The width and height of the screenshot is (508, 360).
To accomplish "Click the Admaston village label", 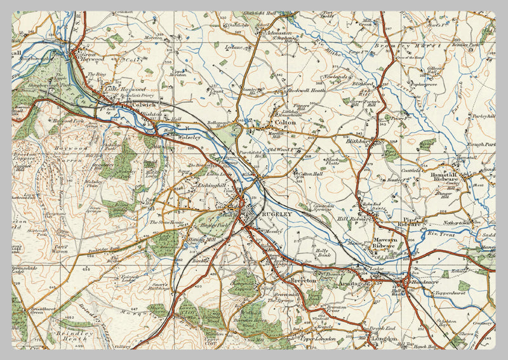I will pyautogui.click(x=278, y=32).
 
